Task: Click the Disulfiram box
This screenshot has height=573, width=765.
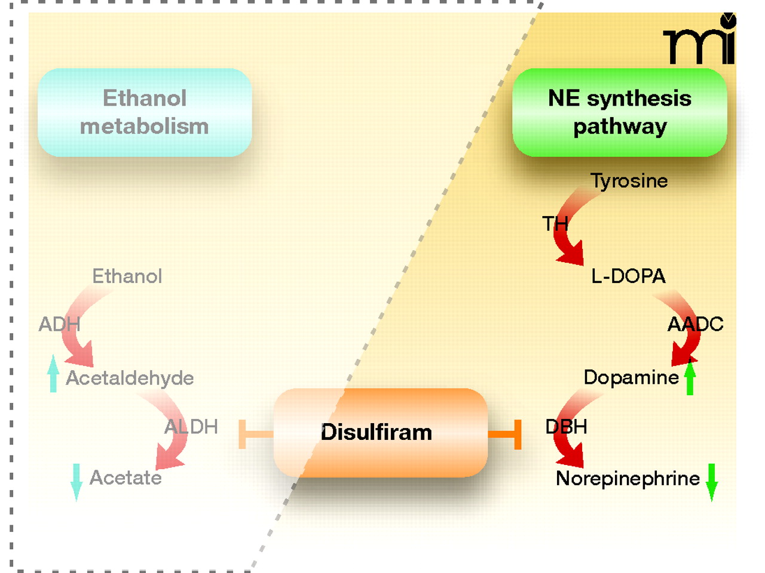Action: (380, 432)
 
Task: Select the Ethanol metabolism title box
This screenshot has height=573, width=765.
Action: (145, 112)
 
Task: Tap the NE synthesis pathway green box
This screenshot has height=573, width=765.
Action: (620, 112)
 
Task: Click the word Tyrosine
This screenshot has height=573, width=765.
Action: (629, 180)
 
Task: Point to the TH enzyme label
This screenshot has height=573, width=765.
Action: (555, 224)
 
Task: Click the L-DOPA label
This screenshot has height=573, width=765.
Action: (628, 276)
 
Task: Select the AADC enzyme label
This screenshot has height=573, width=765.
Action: (695, 324)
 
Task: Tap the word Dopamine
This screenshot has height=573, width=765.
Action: (631, 377)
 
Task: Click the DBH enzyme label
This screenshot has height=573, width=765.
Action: (566, 427)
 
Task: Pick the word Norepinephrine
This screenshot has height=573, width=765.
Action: (628, 478)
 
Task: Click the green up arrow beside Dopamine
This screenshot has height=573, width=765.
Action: (690, 377)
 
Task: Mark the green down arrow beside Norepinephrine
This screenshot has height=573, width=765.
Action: (711, 481)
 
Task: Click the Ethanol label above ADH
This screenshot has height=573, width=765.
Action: (127, 276)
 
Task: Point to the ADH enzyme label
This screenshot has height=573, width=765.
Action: (59, 324)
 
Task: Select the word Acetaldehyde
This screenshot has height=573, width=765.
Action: (130, 378)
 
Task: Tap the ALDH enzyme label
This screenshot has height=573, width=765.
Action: (191, 427)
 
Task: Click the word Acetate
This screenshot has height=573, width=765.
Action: (126, 478)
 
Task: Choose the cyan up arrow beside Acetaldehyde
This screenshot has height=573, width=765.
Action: (53, 374)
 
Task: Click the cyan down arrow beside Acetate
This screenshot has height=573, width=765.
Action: (76, 481)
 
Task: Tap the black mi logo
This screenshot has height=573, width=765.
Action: (700, 42)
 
